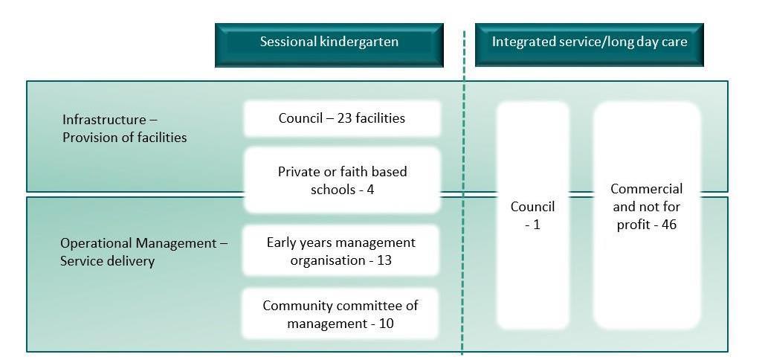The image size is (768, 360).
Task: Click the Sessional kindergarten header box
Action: pos(329,43)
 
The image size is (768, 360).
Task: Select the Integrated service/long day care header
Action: pos(589,43)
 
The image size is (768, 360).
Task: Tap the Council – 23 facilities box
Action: pos(342,118)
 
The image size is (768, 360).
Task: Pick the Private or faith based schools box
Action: pos(342,181)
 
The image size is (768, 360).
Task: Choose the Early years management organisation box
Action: pos(341,251)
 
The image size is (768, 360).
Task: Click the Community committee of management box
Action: pos(341,315)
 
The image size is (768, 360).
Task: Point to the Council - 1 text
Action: pos(532,215)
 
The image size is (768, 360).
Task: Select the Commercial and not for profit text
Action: pos(646,206)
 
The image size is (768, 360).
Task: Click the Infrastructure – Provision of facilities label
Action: pos(124,128)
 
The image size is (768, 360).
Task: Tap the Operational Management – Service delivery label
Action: pos(144,251)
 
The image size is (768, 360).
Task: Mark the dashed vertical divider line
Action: pos(463,223)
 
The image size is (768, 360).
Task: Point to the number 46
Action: pos(668,224)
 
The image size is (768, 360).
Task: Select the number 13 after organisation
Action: pos(384,260)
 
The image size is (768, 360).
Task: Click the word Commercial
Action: pos(646,189)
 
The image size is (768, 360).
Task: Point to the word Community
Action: pos(297,306)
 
